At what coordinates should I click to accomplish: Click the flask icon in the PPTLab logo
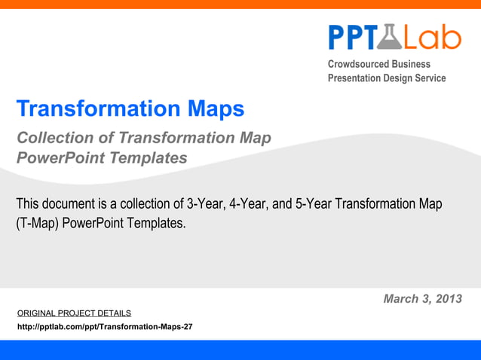pyautogui.click(x=393, y=36)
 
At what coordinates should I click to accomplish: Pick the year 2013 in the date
pyautogui.click(x=449, y=299)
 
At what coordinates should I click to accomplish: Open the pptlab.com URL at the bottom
pyautogui.click(x=104, y=327)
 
